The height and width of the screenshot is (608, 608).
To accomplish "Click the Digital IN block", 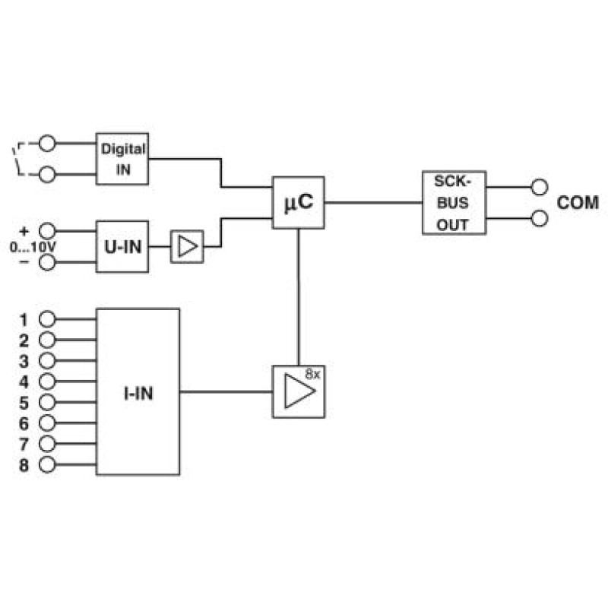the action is [x=122, y=159].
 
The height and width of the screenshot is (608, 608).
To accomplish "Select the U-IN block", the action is [x=122, y=246].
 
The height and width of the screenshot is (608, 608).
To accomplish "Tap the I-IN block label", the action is [x=138, y=393].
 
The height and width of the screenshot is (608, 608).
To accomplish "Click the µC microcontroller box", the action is [x=298, y=202].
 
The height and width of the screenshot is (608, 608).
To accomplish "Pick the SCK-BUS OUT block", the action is [x=454, y=202].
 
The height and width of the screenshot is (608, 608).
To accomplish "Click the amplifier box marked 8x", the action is [x=299, y=391].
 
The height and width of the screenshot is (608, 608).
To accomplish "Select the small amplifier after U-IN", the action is [x=187, y=246].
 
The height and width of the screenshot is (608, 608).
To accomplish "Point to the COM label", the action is [x=578, y=203].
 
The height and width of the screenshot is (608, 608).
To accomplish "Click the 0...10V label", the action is [x=33, y=247].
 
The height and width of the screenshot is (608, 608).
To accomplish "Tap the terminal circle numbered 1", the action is [x=47, y=319].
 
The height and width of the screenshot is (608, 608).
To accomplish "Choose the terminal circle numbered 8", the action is [x=47, y=464].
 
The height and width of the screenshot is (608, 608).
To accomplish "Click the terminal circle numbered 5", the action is [x=47, y=402].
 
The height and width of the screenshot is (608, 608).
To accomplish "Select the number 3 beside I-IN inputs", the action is [x=24, y=362].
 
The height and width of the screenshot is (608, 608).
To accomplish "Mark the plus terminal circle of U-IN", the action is [x=47, y=231].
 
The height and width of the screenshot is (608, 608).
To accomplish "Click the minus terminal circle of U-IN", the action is [x=47, y=262].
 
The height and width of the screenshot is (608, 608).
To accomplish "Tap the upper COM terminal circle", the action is [x=540, y=187].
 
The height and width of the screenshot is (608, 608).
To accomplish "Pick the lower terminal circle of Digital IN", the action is [x=47, y=175].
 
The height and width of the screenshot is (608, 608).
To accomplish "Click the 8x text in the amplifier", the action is [x=312, y=374].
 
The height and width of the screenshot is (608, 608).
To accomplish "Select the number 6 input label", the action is [x=24, y=423].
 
